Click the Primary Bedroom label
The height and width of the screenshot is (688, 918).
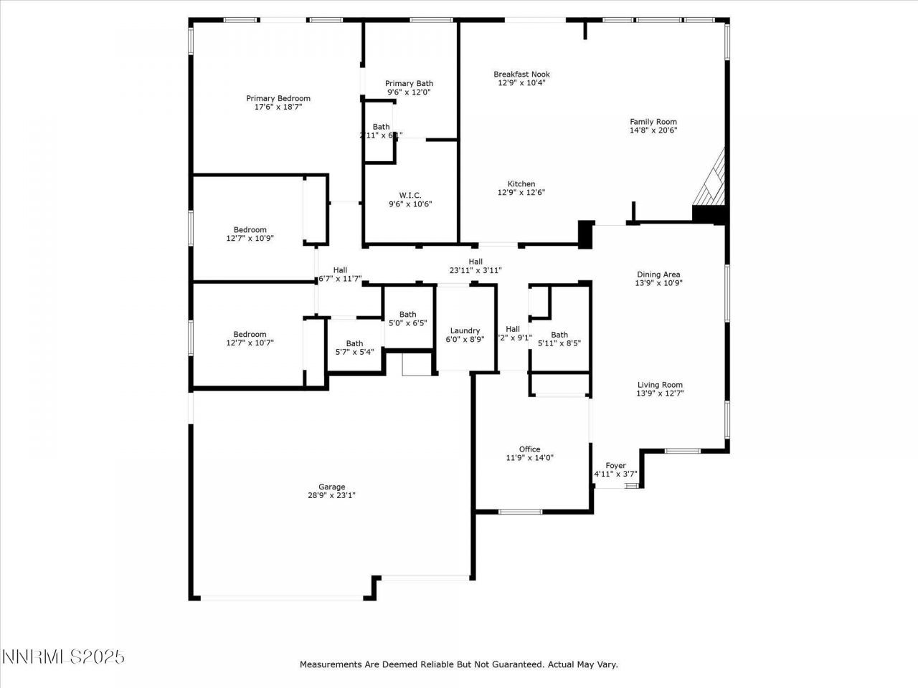(278, 99)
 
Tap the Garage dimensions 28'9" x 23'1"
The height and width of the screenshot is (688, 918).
(331, 495)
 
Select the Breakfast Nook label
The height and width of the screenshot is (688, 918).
(521, 74)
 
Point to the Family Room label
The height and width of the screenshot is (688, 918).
(653, 122)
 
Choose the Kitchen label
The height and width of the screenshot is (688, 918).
(521, 184)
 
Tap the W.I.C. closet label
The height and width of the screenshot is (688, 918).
(410, 196)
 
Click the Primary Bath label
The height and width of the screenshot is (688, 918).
(409, 84)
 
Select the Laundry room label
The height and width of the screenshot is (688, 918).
(465, 330)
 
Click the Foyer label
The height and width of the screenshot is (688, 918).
(615, 466)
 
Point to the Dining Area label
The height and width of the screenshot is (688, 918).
(658, 274)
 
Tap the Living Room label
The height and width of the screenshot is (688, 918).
(660, 385)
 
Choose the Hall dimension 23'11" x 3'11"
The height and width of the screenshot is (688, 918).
(475, 270)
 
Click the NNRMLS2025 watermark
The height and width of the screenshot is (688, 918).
(63, 656)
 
